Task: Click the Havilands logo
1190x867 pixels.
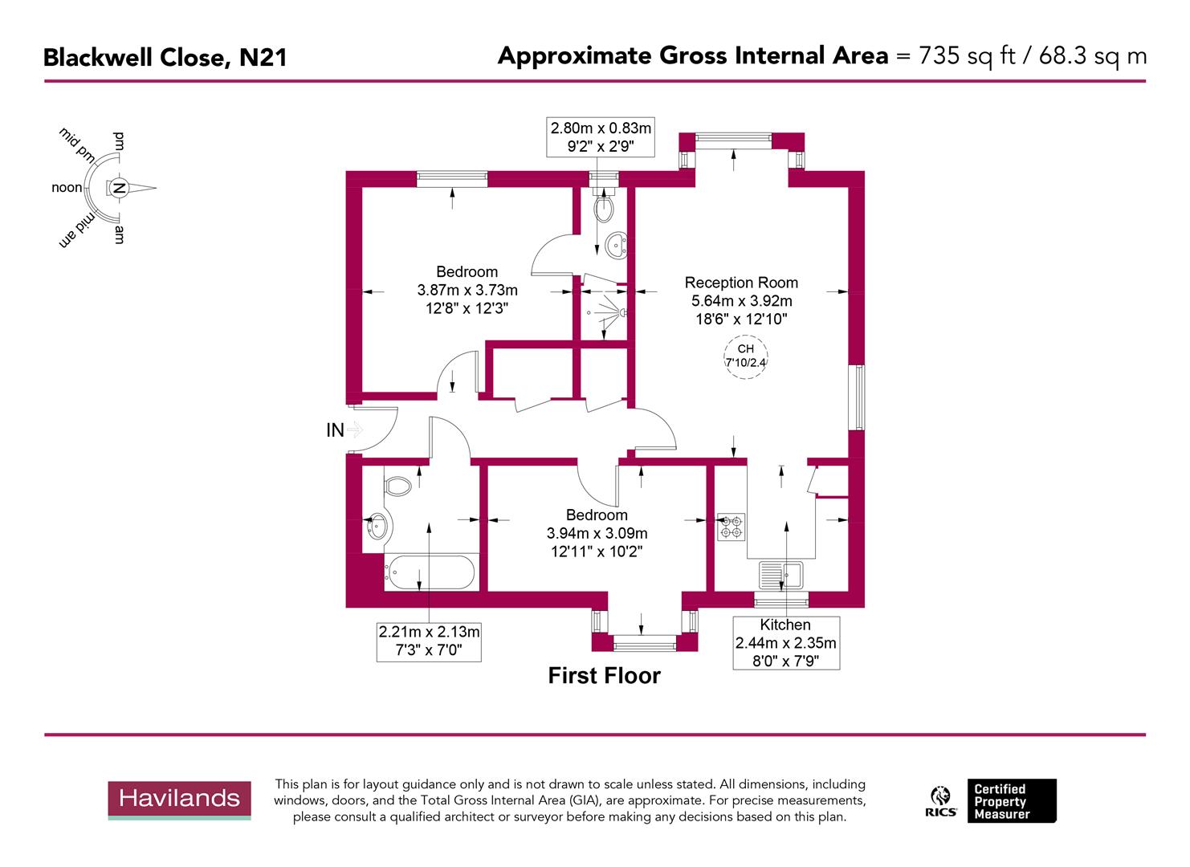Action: [179, 799]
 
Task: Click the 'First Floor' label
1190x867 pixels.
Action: [604, 676]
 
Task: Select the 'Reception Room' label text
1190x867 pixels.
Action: [741, 283]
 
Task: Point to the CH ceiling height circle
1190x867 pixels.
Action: [746, 355]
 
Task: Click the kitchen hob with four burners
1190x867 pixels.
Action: [732, 527]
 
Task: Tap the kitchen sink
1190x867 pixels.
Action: [780, 575]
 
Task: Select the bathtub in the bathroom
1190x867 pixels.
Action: [430, 572]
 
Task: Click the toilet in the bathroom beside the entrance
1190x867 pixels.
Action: [397, 485]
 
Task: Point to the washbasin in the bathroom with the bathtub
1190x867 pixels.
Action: [378, 527]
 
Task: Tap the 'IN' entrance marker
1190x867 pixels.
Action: [335, 430]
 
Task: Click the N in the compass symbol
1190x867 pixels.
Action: [118, 189]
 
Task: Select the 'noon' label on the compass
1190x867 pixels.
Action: [67, 188]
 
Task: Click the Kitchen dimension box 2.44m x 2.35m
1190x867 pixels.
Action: [785, 643]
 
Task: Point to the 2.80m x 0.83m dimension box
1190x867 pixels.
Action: [601, 136]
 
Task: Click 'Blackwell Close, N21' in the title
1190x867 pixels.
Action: [165, 57]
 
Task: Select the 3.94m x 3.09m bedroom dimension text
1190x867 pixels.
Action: [597, 533]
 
